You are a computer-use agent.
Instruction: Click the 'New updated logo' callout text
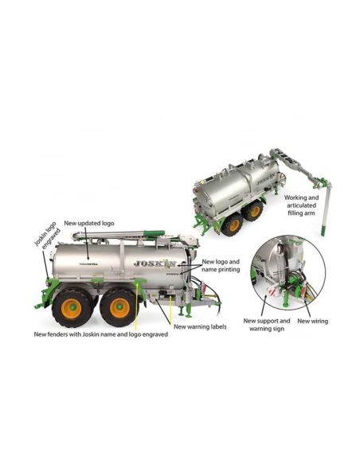(89, 223)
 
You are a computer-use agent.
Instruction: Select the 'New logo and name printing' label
(221, 266)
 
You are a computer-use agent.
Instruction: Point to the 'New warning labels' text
(200, 326)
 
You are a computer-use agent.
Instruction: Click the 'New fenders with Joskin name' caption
(101, 334)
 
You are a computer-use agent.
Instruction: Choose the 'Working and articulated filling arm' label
(301, 205)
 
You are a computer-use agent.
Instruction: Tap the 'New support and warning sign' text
(267, 325)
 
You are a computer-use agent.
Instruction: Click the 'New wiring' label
(312, 321)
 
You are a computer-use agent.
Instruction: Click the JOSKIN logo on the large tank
(155, 263)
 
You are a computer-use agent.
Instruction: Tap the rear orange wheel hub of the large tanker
(71, 308)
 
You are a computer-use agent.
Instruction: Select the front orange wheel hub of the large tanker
(119, 307)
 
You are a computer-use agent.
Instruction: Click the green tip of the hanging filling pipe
(323, 230)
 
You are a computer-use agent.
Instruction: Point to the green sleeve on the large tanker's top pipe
(154, 233)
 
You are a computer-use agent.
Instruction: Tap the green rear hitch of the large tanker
(46, 294)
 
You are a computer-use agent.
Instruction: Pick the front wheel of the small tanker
(253, 211)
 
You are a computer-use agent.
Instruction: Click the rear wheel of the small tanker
(233, 225)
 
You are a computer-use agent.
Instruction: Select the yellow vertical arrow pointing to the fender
(136, 307)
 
